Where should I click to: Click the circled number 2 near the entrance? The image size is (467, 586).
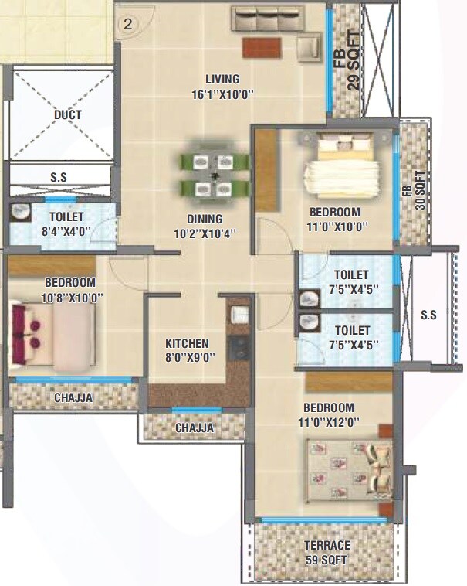128,24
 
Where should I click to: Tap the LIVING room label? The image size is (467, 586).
222,79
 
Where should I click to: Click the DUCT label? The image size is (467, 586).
67,115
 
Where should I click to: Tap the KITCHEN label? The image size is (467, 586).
187,343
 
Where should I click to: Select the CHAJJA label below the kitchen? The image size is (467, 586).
195,428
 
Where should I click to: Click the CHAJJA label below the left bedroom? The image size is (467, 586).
73,398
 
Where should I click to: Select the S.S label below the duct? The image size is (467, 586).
59,177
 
